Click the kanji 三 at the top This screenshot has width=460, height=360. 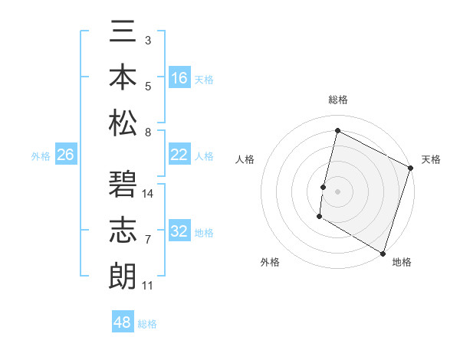(123, 35)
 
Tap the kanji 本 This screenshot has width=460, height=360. (123, 79)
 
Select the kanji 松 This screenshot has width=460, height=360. (123, 123)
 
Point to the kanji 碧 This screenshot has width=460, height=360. (123, 185)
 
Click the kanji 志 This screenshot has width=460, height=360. (123, 231)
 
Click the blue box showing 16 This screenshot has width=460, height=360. (179, 78)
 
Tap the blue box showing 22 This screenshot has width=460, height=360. (179, 155)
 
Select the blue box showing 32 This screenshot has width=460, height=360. (179, 231)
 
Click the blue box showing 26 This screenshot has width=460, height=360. (66, 155)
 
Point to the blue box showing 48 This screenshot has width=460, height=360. (123, 322)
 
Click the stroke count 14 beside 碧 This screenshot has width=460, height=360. (149, 194)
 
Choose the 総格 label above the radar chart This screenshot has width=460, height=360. (338, 100)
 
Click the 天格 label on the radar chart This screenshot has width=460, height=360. (431, 159)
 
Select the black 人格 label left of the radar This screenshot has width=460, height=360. (245, 159)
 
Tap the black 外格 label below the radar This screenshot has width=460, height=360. (270, 262)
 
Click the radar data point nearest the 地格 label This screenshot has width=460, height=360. (383, 253)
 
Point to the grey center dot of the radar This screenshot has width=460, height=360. (338, 191)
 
